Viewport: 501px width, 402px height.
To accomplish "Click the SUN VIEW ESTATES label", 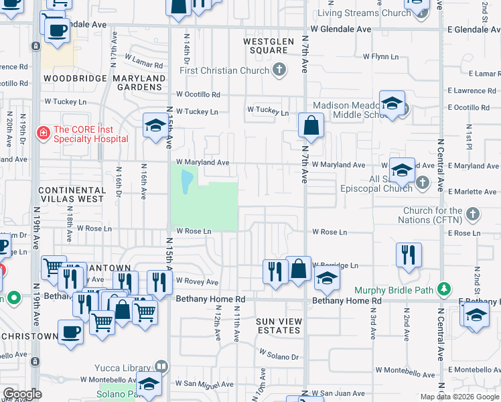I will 279,326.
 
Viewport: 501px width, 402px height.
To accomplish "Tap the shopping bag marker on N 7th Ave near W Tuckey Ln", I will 311,125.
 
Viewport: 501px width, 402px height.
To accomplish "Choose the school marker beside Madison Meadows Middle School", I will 392,104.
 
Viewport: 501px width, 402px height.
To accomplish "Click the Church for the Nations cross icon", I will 474,214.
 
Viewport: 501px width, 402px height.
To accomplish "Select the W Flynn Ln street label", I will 380,57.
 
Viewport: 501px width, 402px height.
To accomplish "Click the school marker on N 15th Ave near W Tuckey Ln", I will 155,125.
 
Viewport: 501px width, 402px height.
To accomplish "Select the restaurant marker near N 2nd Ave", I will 409,255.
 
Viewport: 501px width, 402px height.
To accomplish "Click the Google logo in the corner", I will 21,394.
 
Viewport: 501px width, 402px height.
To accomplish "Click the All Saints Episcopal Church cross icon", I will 422,182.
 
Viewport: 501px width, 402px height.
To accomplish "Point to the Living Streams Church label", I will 364,13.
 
